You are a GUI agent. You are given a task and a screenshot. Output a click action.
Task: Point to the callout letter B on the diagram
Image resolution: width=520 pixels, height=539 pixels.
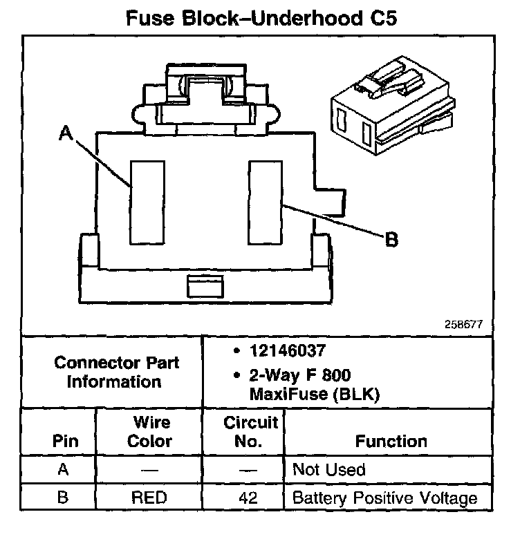click(x=391, y=239)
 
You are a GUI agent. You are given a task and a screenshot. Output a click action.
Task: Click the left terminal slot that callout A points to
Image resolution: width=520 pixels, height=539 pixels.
click(x=146, y=202)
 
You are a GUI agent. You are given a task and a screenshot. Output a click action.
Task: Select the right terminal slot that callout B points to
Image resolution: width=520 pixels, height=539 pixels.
click(x=266, y=202)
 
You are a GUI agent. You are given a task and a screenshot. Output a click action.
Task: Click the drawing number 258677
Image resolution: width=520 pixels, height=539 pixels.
click(x=465, y=323)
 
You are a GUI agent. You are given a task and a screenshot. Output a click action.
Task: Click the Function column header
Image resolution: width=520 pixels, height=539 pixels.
click(x=391, y=440)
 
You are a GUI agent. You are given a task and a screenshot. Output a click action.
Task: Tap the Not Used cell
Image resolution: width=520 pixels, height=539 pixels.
click(x=329, y=470)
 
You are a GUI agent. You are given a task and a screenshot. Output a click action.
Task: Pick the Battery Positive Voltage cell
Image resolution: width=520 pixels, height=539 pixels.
click(x=385, y=498)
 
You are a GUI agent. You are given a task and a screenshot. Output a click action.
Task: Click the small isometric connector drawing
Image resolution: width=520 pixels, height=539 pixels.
click(x=389, y=111)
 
